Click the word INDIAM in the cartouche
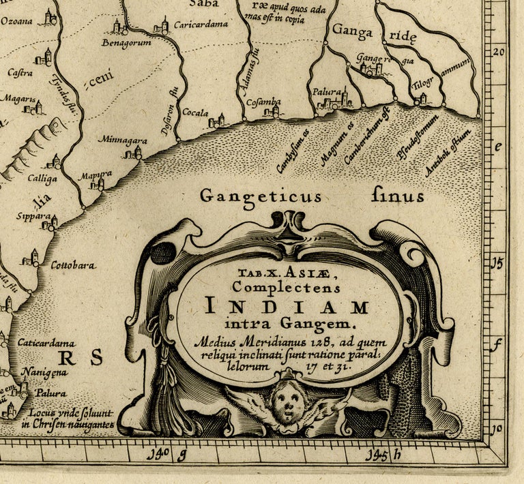(x=287, y=305)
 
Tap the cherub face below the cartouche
(x=288, y=404)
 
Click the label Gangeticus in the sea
(x=260, y=197)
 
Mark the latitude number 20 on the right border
(x=499, y=52)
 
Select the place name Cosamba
(x=263, y=102)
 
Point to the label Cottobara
(x=73, y=265)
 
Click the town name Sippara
(x=33, y=216)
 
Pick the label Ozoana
(x=16, y=20)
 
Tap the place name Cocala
(x=195, y=112)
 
